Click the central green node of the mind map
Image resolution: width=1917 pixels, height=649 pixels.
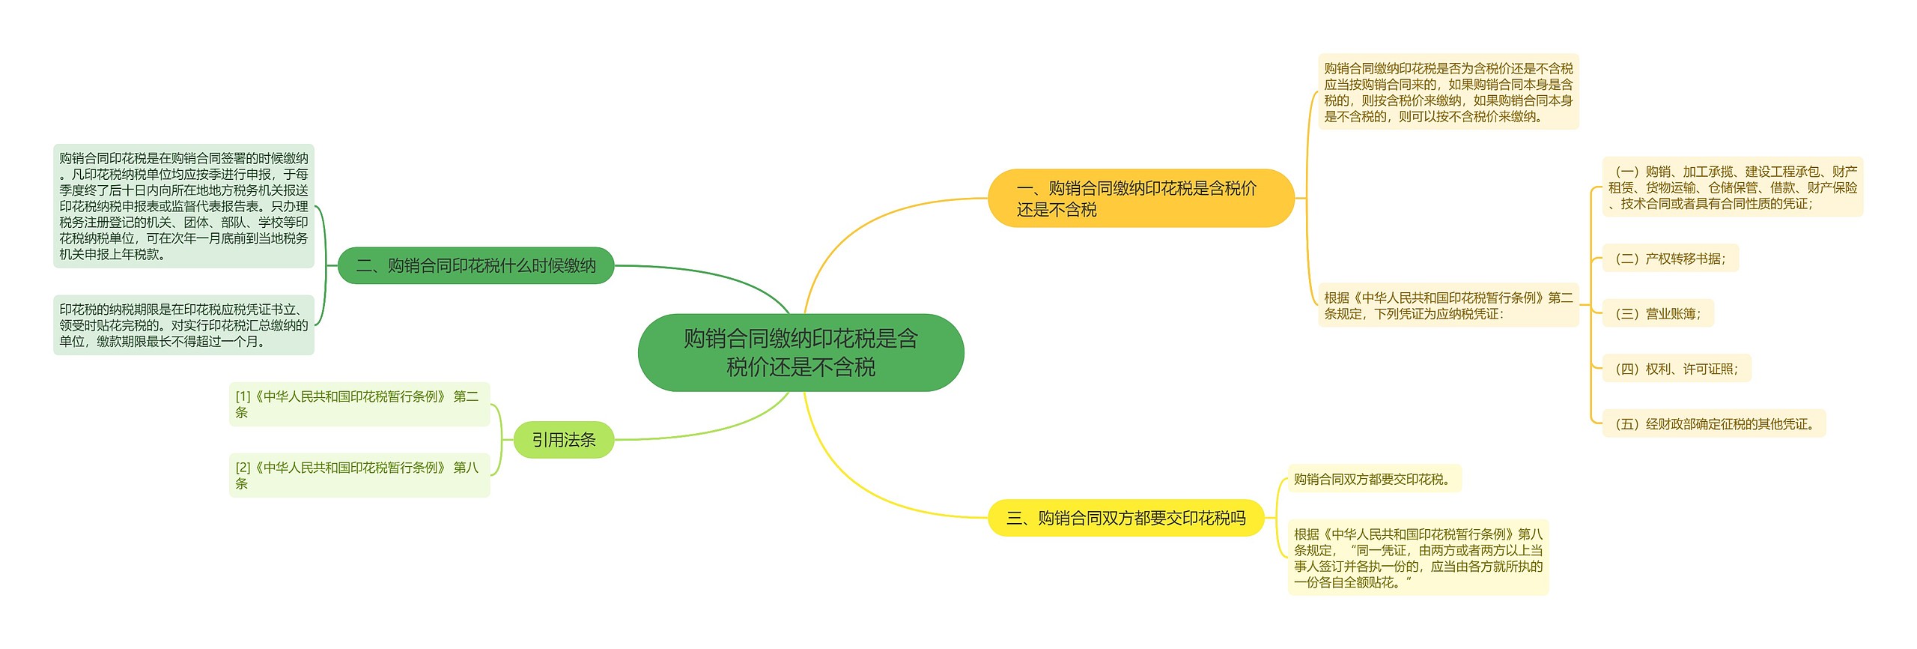tap(800, 352)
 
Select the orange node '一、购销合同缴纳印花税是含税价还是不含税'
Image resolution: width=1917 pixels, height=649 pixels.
tap(1140, 199)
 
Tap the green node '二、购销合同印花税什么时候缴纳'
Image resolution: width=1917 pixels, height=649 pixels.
tap(476, 265)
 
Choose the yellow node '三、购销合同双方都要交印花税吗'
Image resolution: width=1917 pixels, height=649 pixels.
tap(1125, 518)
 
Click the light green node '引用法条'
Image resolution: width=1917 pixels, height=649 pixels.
tap(563, 440)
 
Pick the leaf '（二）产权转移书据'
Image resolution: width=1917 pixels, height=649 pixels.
tap(1670, 259)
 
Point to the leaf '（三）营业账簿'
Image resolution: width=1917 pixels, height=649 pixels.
tap(1658, 314)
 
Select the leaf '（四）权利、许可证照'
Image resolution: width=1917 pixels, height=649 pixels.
tap(1676, 369)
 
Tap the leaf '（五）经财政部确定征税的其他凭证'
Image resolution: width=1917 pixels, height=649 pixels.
tap(1713, 424)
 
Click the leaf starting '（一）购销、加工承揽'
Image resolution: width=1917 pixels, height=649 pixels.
tap(1732, 187)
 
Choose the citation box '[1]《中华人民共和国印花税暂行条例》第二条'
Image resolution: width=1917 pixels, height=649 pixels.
tap(359, 405)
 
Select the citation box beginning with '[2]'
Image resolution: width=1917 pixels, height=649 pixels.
tap(359, 475)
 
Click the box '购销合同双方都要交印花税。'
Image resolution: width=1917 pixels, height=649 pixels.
tap(1374, 480)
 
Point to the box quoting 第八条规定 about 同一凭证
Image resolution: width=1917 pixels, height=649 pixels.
tap(1418, 558)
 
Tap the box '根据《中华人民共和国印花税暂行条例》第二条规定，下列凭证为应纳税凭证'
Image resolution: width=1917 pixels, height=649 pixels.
tap(1447, 306)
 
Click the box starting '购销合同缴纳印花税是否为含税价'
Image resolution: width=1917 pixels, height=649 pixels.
tap(1447, 92)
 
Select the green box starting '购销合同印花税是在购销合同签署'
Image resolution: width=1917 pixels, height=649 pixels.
tap(183, 206)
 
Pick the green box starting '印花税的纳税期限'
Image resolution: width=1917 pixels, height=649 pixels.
tap(183, 325)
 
